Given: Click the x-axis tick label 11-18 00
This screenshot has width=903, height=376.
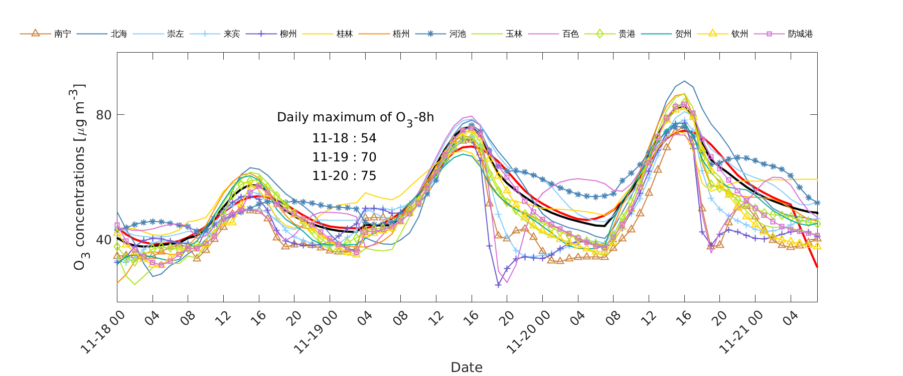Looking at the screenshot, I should [x=103, y=332].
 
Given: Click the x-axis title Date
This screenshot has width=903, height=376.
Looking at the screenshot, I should [x=467, y=367].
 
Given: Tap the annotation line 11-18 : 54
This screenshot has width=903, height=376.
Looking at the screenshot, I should [x=344, y=138].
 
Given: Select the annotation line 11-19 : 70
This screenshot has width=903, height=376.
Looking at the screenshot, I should [x=344, y=157].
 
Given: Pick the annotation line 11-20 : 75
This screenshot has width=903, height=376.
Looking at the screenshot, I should [x=344, y=176].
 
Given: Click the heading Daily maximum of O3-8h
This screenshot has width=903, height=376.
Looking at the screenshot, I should [x=355, y=117].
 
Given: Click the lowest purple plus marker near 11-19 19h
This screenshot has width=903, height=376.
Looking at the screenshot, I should [x=498, y=285].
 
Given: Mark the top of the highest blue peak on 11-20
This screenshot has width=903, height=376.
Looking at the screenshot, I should [x=685, y=81].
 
